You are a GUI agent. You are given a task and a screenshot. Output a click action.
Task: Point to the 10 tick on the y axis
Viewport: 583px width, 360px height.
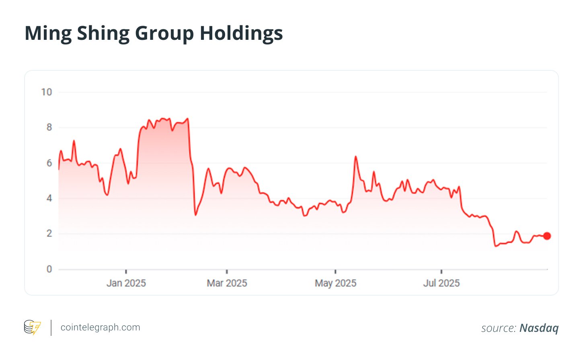[x=47, y=92]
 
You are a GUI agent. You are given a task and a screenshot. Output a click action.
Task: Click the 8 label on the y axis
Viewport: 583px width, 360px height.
[x=49, y=128]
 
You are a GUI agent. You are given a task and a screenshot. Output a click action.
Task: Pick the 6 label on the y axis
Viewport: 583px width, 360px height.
[x=49, y=163]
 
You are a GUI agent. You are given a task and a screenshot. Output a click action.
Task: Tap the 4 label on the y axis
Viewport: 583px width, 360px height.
[x=49, y=198]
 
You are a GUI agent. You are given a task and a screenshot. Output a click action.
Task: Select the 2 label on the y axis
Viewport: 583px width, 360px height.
[x=49, y=234]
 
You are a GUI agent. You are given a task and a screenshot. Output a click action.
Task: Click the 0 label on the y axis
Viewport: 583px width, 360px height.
[x=49, y=269]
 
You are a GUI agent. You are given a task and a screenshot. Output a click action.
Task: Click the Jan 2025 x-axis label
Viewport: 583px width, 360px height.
[x=126, y=283]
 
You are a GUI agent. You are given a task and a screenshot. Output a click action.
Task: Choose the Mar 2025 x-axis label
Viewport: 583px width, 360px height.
[x=227, y=283]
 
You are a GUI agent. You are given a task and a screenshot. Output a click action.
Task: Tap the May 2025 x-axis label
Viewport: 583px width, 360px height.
[x=335, y=283]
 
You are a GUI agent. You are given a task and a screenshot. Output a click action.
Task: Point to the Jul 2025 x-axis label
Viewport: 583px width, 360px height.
[x=441, y=283]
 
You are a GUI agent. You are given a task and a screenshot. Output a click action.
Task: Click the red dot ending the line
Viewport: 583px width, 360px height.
[x=547, y=236]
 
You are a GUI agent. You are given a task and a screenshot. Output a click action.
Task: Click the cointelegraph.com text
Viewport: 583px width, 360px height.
[x=100, y=327]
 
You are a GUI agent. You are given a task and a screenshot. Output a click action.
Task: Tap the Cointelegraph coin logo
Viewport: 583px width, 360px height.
[x=32, y=327]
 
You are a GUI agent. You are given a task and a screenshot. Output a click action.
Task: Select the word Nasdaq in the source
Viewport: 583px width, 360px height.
[x=539, y=328]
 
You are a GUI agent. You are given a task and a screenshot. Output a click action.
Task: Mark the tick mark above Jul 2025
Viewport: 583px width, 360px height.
[x=441, y=272]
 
